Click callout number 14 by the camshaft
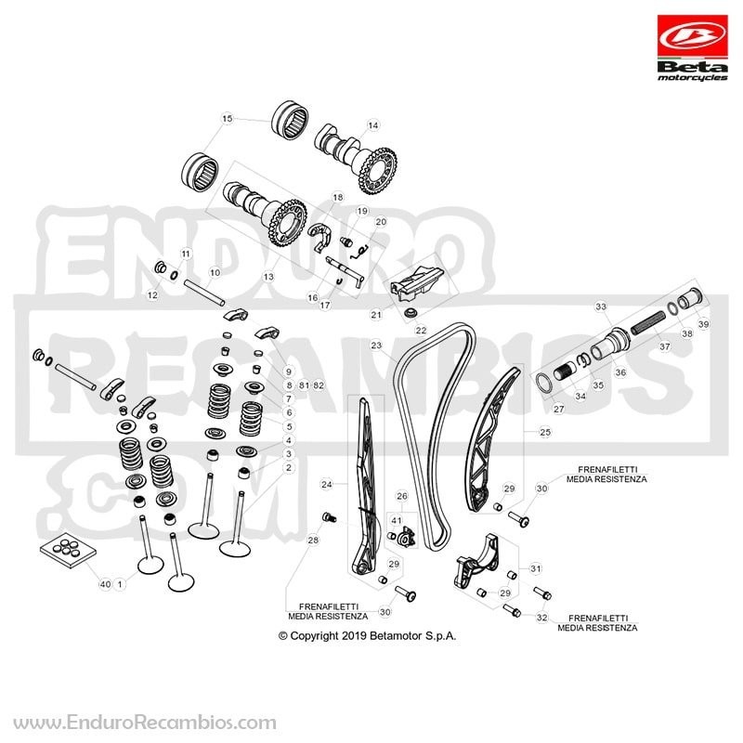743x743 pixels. coord(373,125)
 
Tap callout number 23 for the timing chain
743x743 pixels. coord(376,345)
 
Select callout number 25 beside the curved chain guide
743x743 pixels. coord(545,432)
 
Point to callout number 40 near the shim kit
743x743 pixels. coord(105,584)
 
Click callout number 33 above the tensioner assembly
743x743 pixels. coord(601,306)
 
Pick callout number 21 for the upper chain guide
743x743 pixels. coord(376,315)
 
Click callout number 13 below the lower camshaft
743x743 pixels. coord(268,276)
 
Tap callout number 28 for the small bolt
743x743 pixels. coord(313,540)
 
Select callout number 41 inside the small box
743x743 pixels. coord(397,520)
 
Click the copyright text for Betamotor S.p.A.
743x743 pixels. coord(367,636)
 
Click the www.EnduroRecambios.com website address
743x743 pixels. coord(145,723)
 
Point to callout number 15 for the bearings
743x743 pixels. coord(228,118)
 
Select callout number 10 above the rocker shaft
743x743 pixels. coord(215,273)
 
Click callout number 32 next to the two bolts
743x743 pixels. coord(542,618)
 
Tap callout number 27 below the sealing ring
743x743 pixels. coord(559,409)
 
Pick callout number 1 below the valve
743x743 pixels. coord(120,584)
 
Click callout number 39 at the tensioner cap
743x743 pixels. coord(704,324)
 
